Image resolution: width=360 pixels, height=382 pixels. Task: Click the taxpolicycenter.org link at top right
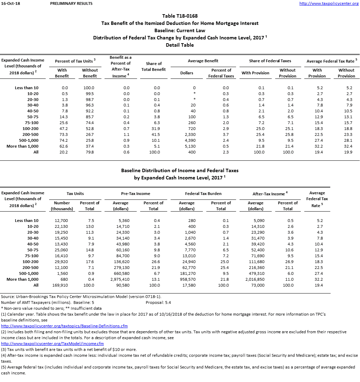click(x=328, y=3)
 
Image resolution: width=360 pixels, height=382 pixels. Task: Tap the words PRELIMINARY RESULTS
click(x=71, y=3)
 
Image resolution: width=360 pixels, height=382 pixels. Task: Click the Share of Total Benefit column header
click(x=154, y=66)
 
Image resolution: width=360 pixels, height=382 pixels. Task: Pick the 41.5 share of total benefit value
click(x=157, y=134)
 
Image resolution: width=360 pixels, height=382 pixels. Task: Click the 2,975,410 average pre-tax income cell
click(x=121, y=279)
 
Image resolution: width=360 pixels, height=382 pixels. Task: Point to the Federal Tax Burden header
click(x=203, y=194)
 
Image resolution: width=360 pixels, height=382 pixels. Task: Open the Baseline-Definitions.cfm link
click(x=64, y=326)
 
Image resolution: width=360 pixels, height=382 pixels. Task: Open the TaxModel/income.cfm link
click(x=53, y=344)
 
